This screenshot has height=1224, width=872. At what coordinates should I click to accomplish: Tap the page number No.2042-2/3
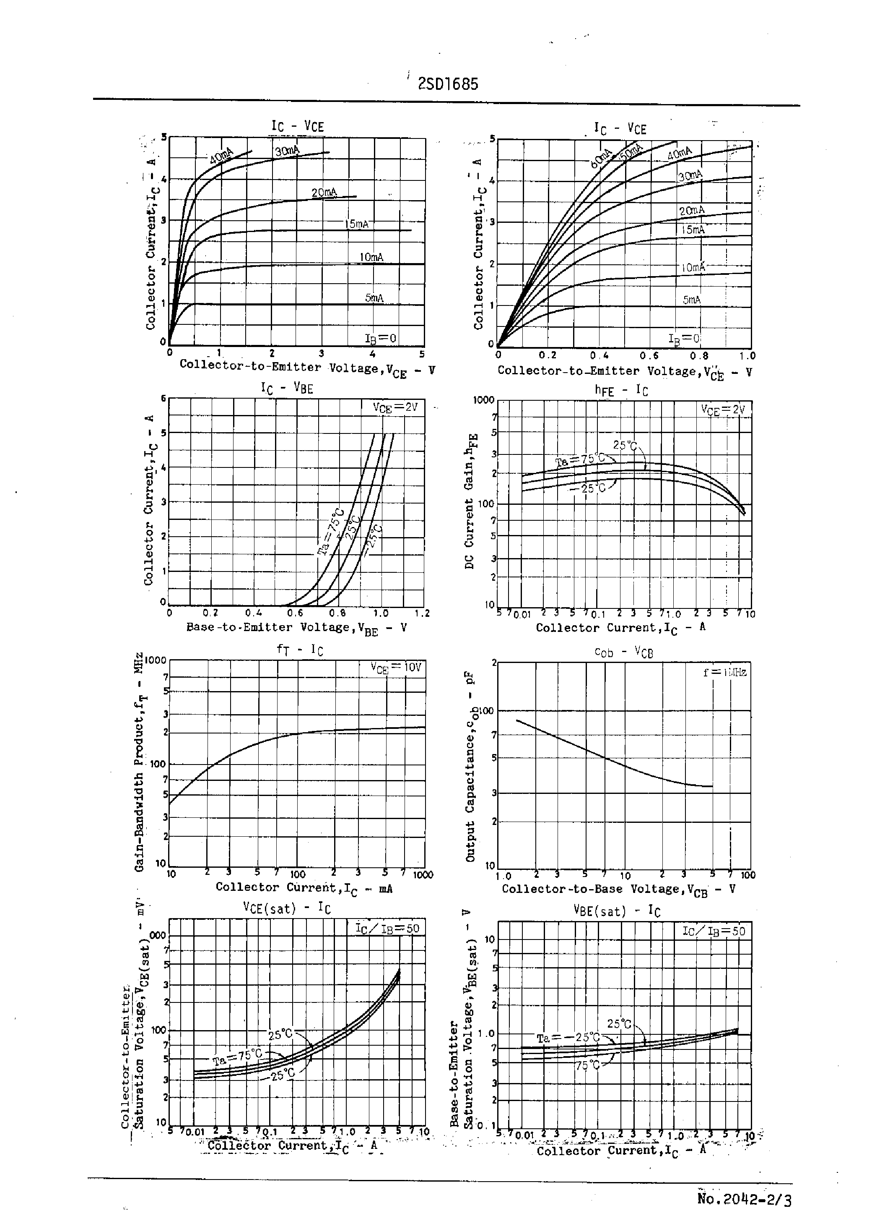coord(744,1199)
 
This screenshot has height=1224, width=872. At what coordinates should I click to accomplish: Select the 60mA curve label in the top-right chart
coord(601,159)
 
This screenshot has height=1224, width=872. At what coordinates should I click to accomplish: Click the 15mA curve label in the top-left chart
coord(356,224)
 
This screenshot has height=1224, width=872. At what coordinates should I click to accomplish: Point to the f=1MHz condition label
coord(724,672)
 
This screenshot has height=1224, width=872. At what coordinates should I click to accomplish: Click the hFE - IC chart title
coord(621,391)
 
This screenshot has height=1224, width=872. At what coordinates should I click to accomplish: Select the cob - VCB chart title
coord(623,652)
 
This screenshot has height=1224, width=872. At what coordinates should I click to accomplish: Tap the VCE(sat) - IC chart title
coord(287,908)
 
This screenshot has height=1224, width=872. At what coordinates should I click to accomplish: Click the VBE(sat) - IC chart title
coord(616,911)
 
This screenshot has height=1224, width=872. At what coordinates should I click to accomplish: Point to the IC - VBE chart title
coord(287,388)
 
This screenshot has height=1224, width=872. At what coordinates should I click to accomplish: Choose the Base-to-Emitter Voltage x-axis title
coord(296,628)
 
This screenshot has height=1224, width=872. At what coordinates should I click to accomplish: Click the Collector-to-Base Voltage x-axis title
coord(618,889)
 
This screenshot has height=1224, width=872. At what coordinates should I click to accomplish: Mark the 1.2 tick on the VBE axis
coord(422,613)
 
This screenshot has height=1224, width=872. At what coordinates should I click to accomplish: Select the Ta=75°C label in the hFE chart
coord(579,460)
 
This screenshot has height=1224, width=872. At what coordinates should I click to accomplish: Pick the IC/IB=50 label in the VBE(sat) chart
coord(714,931)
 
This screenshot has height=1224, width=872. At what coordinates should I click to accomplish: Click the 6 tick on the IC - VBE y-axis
coord(164,398)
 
